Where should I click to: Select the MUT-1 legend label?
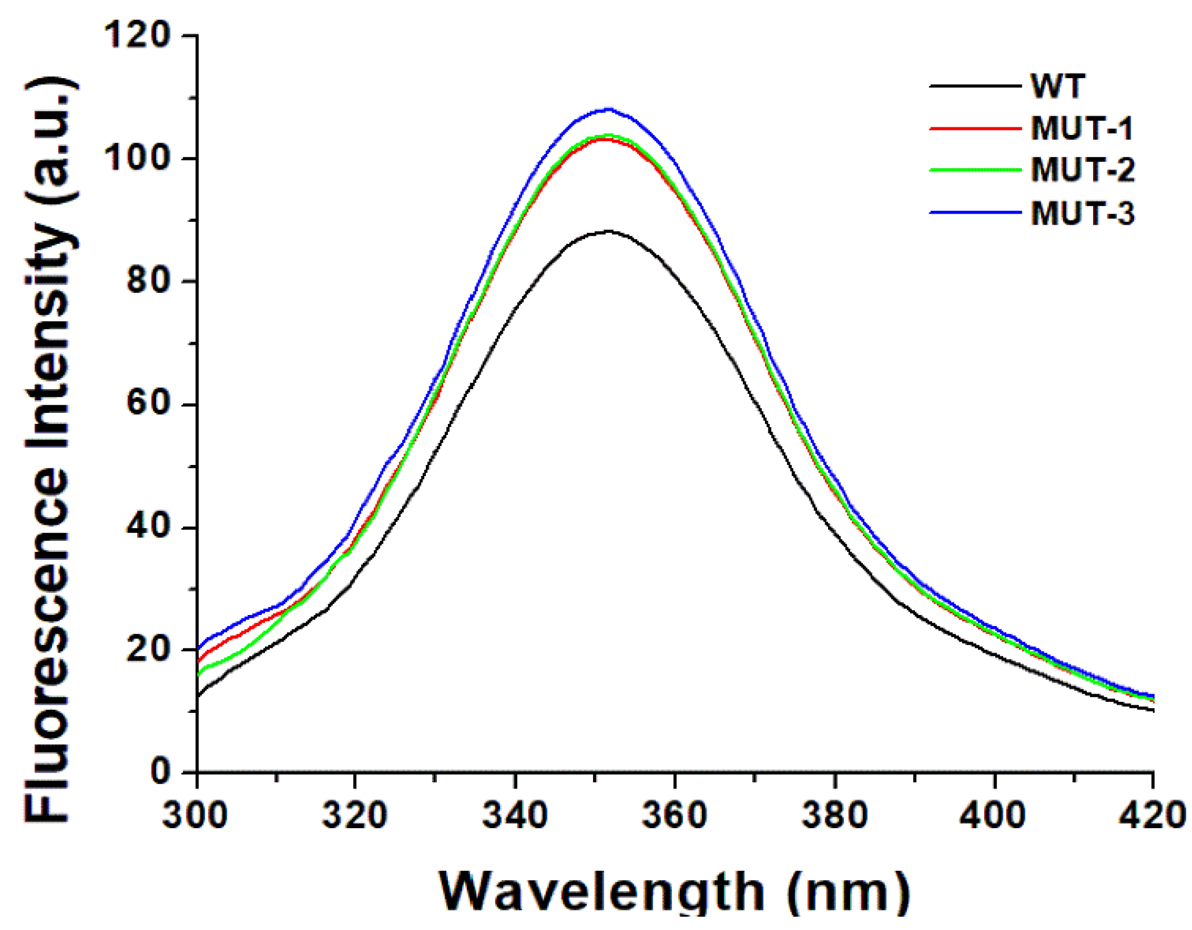click(x=1081, y=128)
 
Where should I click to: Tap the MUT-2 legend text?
click(x=1082, y=170)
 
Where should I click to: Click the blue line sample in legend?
click(x=975, y=213)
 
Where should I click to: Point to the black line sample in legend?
click(x=975, y=86)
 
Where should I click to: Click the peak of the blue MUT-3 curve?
click(x=608, y=109)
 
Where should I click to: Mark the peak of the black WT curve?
click(x=608, y=231)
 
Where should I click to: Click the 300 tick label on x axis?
click(x=196, y=815)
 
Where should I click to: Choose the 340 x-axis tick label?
click(x=514, y=815)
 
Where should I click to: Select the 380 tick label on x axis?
click(x=834, y=815)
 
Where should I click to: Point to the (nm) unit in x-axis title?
click(x=848, y=892)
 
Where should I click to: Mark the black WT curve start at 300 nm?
click(x=198, y=695)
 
